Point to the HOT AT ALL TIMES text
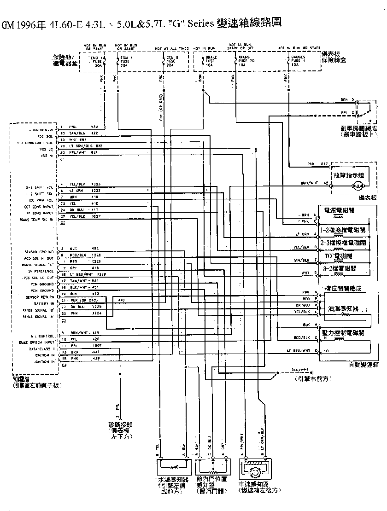(x=172, y=48)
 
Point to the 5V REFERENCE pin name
(x=42, y=272)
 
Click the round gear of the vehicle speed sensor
(x=253, y=472)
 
